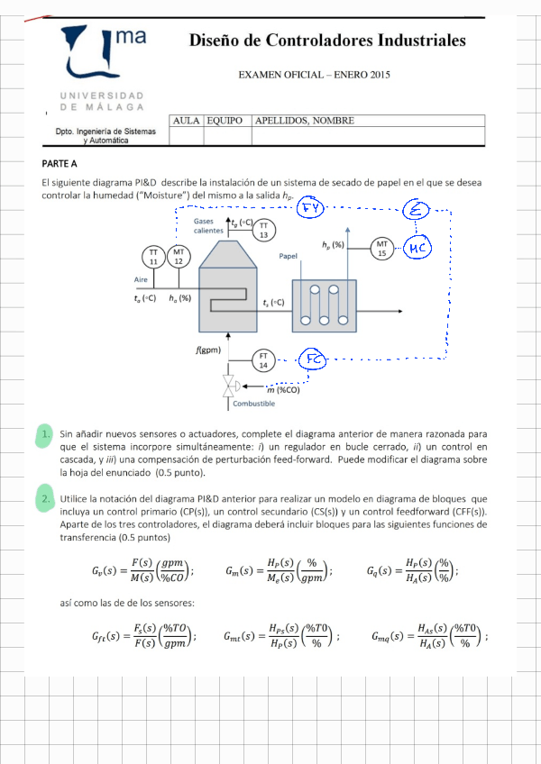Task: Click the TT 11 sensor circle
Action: (153, 256)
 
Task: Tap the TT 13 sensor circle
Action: (264, 230)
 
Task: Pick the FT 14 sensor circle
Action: (263, 359)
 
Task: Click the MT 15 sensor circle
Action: (382, 248)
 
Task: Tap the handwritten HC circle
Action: (417, 248)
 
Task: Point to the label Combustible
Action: (253, 404)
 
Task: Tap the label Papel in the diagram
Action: (289, 256)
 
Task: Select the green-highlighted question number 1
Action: (45, 436)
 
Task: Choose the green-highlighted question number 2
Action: (45, 498)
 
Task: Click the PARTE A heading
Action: (60, 164)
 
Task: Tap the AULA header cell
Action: (186, 121)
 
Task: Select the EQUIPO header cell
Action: (226, 121)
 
